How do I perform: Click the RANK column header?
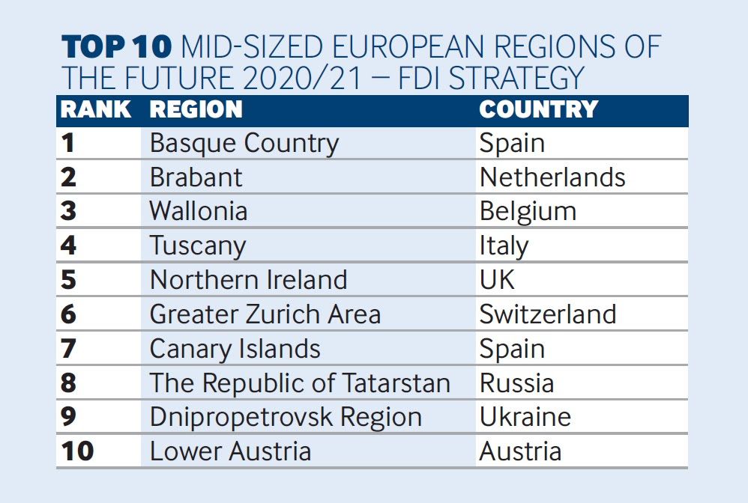point(95,109)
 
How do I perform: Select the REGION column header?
point(196,109)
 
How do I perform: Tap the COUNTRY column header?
point(539,109)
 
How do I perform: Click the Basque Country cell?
point(244,143)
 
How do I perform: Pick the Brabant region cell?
point(196,177)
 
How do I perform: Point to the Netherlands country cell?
point(552,177)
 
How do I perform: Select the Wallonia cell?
point(199,211)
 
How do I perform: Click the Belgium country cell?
point(528,211)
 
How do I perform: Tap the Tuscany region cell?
point(198,246)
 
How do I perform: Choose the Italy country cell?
point(504,246)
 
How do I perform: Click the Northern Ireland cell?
point(249,280)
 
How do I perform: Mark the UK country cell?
point(498,280)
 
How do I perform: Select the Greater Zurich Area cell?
point(265,314)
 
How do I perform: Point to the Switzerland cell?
point(548,314)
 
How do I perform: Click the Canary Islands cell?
point(235,349)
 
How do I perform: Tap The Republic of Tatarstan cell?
point(300,383)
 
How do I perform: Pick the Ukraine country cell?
point(525,417)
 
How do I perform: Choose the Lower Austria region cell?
point(230,451)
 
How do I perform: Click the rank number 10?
point(77,451)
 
